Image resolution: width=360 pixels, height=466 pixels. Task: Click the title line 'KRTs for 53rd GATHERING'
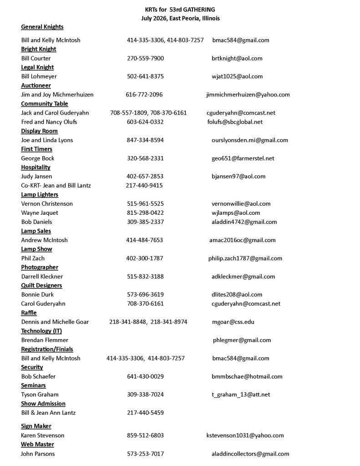point(180,9)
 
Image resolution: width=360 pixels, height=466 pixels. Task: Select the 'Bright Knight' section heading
point(39,49)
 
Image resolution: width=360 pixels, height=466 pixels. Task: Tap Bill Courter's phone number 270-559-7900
point(145,58)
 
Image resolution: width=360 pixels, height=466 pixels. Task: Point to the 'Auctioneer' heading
point(36,86)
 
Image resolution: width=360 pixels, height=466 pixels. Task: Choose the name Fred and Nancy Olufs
point(49,122)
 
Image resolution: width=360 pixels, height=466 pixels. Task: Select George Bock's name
point(38,158)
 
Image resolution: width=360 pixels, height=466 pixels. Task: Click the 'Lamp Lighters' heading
point(40,195)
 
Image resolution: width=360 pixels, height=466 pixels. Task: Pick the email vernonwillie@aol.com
point(241,204)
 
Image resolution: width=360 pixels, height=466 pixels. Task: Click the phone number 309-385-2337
point(145,222)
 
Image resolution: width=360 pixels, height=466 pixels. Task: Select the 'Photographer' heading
point(40,268)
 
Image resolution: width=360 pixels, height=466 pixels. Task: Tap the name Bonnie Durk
point(37,295)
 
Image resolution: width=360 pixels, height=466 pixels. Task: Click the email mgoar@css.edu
point(233,322)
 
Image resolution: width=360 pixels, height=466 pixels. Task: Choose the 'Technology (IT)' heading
point(41,331)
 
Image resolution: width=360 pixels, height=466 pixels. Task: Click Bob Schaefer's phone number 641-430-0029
point(145,377)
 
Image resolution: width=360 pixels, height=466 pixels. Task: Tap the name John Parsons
point(38,454)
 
